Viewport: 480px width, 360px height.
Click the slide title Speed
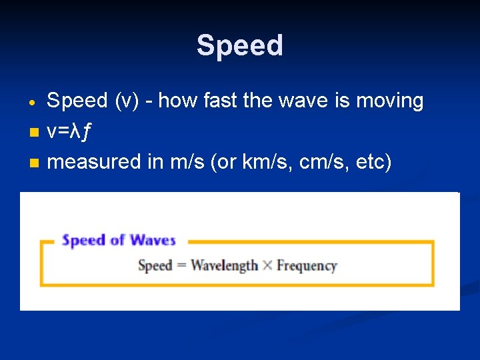click(x=240, y=46)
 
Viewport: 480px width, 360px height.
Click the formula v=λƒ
click(x=70, y=132)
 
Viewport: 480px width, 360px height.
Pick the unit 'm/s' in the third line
click(x=185, y=162)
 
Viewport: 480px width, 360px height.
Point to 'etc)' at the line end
click(x=372, y=162)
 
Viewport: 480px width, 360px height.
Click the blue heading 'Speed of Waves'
click(x=119, y=241)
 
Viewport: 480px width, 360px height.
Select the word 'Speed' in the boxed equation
click(x=155, y=265)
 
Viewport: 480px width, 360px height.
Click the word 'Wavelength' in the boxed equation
click(x=224, y=265)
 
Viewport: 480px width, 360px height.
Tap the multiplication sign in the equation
click(x=267, y=266)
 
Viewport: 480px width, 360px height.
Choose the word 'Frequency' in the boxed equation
click(x=307, y=266)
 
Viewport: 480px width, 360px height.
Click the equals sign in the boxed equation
click(x=181, y=266)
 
